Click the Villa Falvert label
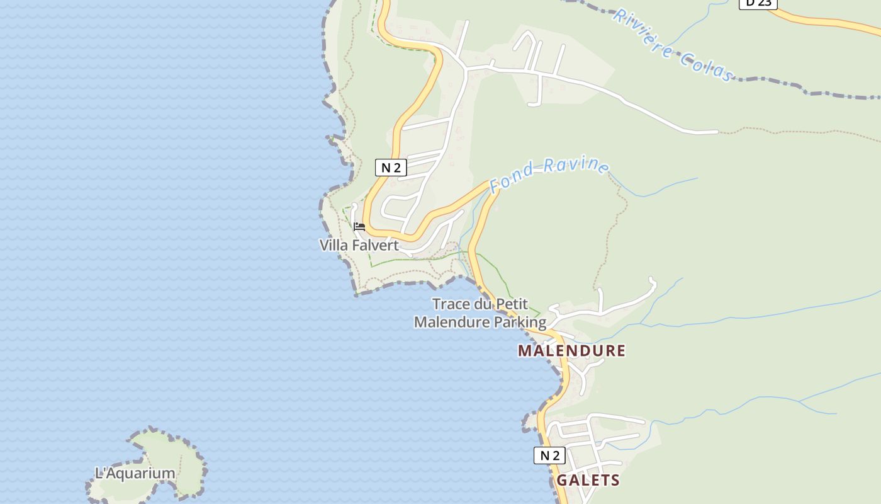coord(359,245)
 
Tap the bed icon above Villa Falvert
coord(359,226)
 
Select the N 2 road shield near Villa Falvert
coord(391,168)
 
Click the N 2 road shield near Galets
coord(549,455)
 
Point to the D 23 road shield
coord(758,3)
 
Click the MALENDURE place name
coord(571,351)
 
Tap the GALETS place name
coord(588,480)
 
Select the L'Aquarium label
coord(135,473)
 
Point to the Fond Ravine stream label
coord(549,175)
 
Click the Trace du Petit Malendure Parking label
coord(480,313)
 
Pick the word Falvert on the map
coord(375,245)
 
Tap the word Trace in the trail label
coord(451,304)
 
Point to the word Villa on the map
coord(334,245)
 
